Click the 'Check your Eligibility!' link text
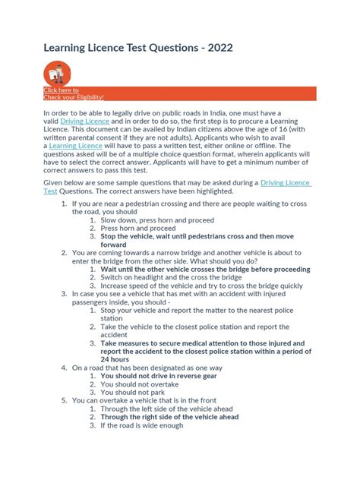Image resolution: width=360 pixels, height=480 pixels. tap(74, 97)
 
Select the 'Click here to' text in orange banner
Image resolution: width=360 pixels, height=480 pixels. tap(61, 90)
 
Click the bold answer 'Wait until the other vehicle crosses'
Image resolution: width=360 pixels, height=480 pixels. tap(205, 269)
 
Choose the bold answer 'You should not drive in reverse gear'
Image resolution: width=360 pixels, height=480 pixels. tap(159, 375)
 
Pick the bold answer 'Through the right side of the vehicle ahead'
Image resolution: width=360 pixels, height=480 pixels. tap(169, 417)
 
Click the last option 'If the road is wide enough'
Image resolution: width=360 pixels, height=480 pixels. tap(142, 425)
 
